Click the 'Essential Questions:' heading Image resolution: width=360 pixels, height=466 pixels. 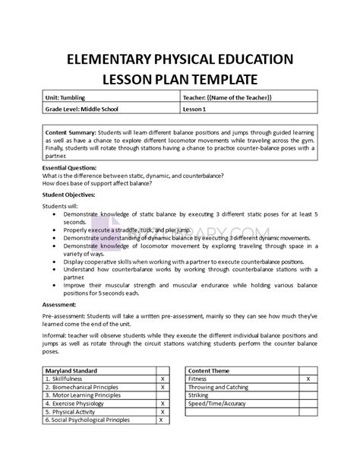tap(71, 166)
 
